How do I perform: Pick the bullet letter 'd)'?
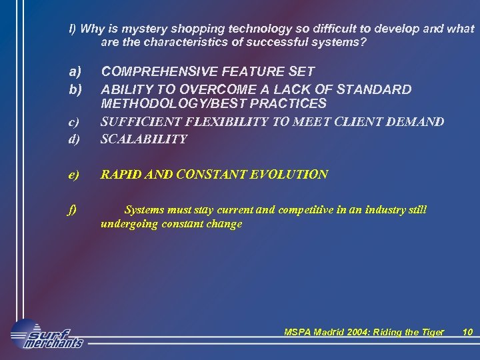pyautogui.click(x=74, y=139)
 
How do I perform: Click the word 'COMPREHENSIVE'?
pyautogui.click(x=153, y=71)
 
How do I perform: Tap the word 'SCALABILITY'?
pyautogui.click(x=143, y=139)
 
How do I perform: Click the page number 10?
pyautogui.click(x=467, y=332)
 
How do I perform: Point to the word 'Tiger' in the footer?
pyautogui.click(x=430, y=332)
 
